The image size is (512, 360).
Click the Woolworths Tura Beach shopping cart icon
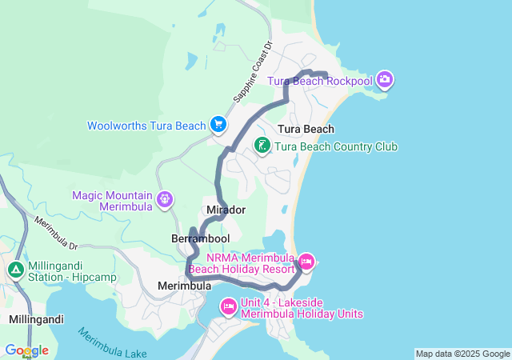pyautogui.click(x=218, y=125)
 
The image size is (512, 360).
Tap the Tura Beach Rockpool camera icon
pyautogui.click(x=385, y=79)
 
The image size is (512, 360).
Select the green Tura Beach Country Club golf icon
pyautogui.click(x=262, y=146)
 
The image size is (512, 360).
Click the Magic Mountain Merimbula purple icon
pyautogui.click(x=165, y=198)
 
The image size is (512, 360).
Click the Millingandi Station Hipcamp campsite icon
pyautogui.click(x=15, y=270)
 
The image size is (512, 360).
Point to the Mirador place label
pyautogui.click(x=226, y=210)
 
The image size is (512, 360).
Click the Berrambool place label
pyautogui.click(x=200, y=238)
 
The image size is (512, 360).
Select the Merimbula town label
pyautogui.click(x=185, y=286)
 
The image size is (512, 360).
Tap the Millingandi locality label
pyautogui.click(x=36, y=318)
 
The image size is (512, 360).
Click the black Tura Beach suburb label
pyautogui.click(x=306, y=129)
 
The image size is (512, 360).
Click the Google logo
pyautogui.click(x=26, y=350)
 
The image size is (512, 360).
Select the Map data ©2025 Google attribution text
pyautogui.click(x=462, y=354)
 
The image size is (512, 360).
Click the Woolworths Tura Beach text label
pyautogui.click(x=146, y=126)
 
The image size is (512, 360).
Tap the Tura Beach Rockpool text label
pyautogui.click(x=319, y=81)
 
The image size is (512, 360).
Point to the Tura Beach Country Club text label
pyautogui.click(x=336, y=147)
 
